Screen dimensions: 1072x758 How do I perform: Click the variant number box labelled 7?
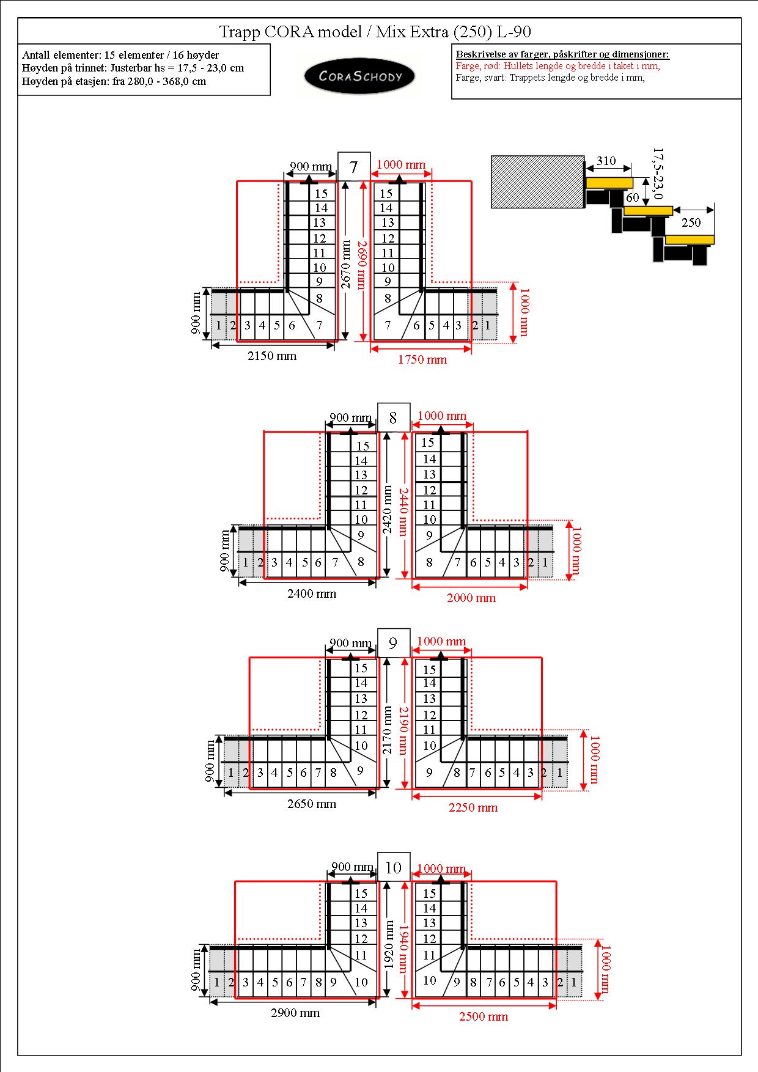[354, 166]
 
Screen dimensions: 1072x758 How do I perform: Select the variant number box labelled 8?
[393, 418]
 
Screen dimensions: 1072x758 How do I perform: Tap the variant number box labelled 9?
[393, 643]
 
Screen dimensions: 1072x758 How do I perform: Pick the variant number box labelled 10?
[393, 867]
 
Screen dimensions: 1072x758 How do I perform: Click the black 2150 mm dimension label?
[272, 356]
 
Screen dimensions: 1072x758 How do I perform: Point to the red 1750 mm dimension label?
[422, 359]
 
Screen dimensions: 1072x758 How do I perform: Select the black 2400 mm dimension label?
[312, 593]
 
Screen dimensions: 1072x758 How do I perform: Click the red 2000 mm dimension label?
[471, 598]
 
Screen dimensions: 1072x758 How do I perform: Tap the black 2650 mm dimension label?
[312, 804]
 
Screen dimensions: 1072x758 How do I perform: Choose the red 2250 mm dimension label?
[473, 807]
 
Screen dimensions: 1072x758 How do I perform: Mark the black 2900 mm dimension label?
[295, 1013]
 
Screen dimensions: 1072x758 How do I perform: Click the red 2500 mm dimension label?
[484, 1016]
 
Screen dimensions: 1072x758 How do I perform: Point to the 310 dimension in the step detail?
[606, 161]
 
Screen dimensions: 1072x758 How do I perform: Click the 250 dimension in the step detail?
[691, 222]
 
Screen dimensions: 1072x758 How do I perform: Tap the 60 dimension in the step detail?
[633, 197]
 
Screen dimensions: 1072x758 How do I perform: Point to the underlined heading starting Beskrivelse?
[562, 54]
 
